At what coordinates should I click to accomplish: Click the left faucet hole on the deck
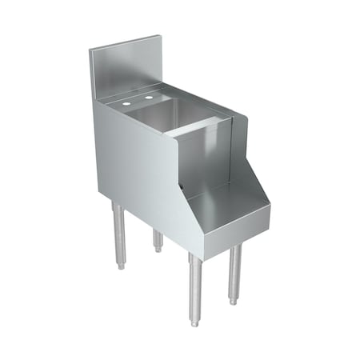coord(126,104)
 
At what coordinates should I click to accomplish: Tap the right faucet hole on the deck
coord(148,98)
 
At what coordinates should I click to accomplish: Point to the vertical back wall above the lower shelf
coord(204,160)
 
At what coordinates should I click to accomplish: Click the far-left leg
coord(118,232)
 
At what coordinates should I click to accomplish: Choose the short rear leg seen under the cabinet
coord(158,239)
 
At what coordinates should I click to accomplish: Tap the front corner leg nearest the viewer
coord(195,288)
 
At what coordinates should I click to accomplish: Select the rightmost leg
coord(234,272)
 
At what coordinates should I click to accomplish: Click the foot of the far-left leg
coord(121,264)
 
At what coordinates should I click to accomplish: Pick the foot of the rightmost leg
coord(234,302)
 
